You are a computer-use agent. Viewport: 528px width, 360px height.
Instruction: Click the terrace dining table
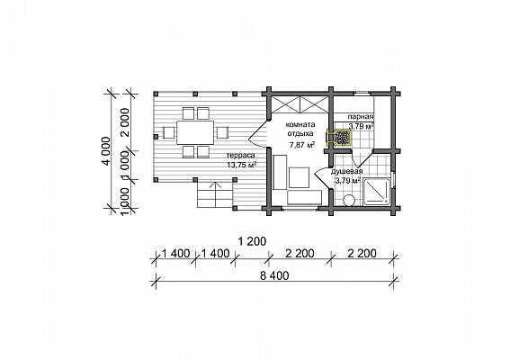pyautogui.click(x=195, y=132)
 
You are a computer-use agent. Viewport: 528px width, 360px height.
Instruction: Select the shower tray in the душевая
pyautogui.click(x=377, y=192)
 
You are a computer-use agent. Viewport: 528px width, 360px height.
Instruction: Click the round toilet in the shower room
pyautogui.click(x=349, y=200)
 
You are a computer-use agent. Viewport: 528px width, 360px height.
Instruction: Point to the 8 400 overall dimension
pyautogui.click(x=274, y=276)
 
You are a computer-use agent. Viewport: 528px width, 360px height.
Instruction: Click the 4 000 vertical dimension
pyautogui.click(x=107, y=151)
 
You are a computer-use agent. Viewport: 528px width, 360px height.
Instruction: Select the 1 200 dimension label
pyautogui.click(x=252, y=241)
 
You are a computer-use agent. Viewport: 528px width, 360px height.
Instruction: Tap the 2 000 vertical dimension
pyautogui.click(x=125, y=122)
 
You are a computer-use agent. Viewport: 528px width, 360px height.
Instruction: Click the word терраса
pyautogui.click(x=241, y=156)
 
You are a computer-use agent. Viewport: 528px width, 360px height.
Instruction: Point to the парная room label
pyautogui.click(x=361, y=117)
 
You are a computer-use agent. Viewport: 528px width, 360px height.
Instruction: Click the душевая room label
pyautogui.click(x=346, y=172)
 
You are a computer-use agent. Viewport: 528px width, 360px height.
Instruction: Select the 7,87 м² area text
pyautogui.click(x=302, y=145)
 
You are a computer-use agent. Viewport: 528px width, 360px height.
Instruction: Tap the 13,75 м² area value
pyautogui.click(x=242, y=166)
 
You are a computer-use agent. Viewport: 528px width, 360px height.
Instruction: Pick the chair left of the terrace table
pyautogui.click(x=169, y=132)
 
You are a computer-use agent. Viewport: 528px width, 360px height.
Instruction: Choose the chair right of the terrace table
pyautogui.click(x=222, y=132)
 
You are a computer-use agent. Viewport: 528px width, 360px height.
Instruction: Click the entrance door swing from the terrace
pyautogui.click(x=257, y=136)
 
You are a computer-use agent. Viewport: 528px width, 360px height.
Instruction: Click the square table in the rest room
pyautogui.click(x=299, y=177)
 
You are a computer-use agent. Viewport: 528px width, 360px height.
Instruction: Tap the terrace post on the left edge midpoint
pyautogui.click(x=156, y=137)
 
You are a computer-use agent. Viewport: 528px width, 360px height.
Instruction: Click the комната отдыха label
pyautogui.click(x=300, y=129)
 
